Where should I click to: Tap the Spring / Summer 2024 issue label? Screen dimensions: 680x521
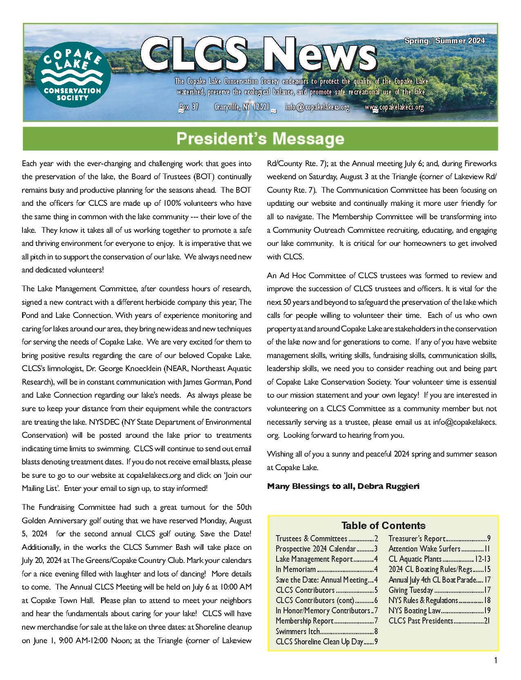coord(445,41)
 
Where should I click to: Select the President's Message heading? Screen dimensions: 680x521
coord(260,139)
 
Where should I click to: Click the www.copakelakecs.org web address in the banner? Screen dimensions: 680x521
coord(394,108)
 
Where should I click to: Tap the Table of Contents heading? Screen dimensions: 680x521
coord(383,526)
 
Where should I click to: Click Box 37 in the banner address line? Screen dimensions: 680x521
coord(189,107)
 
